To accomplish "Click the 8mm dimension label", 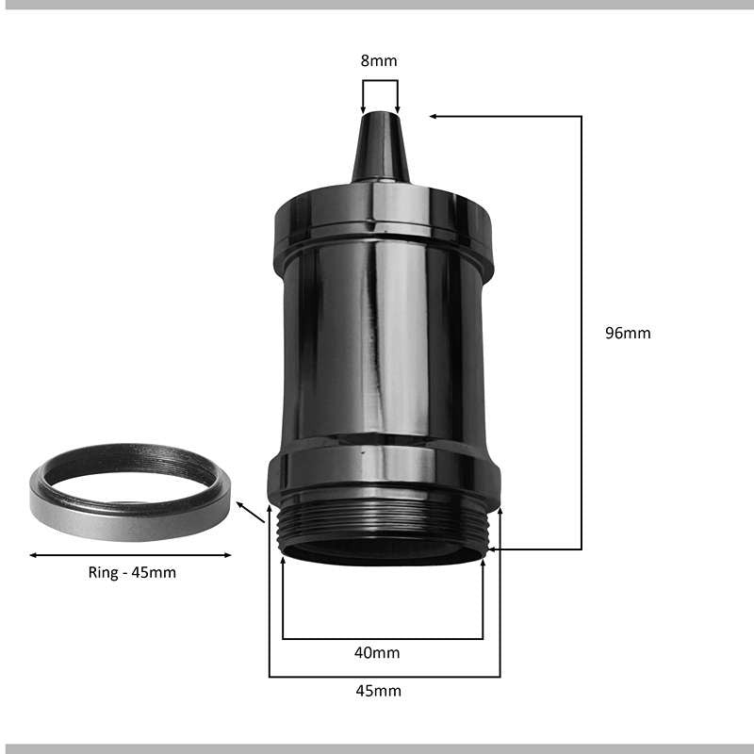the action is click(379, 60).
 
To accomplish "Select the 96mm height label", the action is click(628, 333).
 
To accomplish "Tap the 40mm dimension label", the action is click(377, 652).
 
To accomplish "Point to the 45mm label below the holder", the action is click(379, 691).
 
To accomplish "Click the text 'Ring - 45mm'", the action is click(132, 572).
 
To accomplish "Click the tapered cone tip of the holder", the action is click(381, 147).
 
